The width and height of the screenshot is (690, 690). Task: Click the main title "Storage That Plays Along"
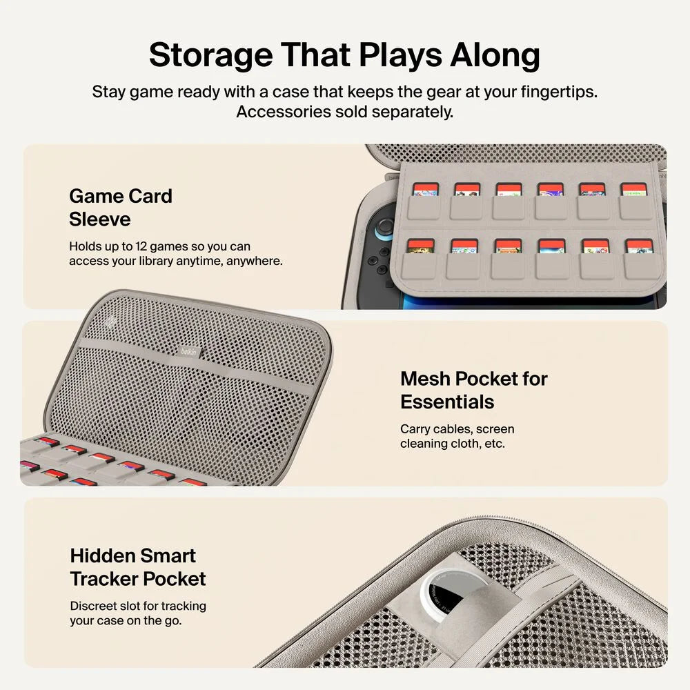(x=344, y=55)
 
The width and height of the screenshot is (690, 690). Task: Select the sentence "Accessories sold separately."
(x=344, y=112)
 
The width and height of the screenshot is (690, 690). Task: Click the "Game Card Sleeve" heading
(x=121, y=208)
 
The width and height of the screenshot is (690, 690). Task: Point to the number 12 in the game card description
(x=141, y=246)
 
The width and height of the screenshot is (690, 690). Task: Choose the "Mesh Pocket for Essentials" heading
(x=474, y=391)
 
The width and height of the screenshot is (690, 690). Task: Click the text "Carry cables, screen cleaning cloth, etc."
(x=457, y=436)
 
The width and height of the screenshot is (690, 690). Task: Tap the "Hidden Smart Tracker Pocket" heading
(x=138, y=567)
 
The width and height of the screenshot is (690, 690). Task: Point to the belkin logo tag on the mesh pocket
(x=190, y=352)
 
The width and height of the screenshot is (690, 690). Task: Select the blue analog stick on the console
(x=384, y=228)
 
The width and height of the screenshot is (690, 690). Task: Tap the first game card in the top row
(x=426, y=190)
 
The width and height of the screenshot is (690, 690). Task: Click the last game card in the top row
(x=633, y=190)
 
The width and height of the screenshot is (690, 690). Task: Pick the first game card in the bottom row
(x=420, y=246)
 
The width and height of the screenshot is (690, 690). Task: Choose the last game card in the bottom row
(x=640, y=246)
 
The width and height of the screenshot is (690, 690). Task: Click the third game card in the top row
(x=509, y=190)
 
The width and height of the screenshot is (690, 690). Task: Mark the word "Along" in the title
(x=495, y=56)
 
